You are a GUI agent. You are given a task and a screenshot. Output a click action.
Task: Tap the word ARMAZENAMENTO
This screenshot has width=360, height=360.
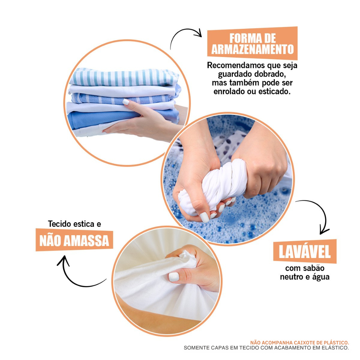point(252,49)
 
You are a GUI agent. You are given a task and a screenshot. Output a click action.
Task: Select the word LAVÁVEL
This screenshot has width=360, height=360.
point(305,252)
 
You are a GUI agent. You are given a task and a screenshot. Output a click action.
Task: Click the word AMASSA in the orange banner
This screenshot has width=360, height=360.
point(86,241)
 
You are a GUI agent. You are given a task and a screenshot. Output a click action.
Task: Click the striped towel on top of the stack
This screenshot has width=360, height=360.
point(124,77)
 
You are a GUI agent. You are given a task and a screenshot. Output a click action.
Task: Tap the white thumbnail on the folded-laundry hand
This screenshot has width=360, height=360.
point(126,102)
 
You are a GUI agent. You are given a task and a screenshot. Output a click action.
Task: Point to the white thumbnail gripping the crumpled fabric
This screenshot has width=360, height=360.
point(174,277)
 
